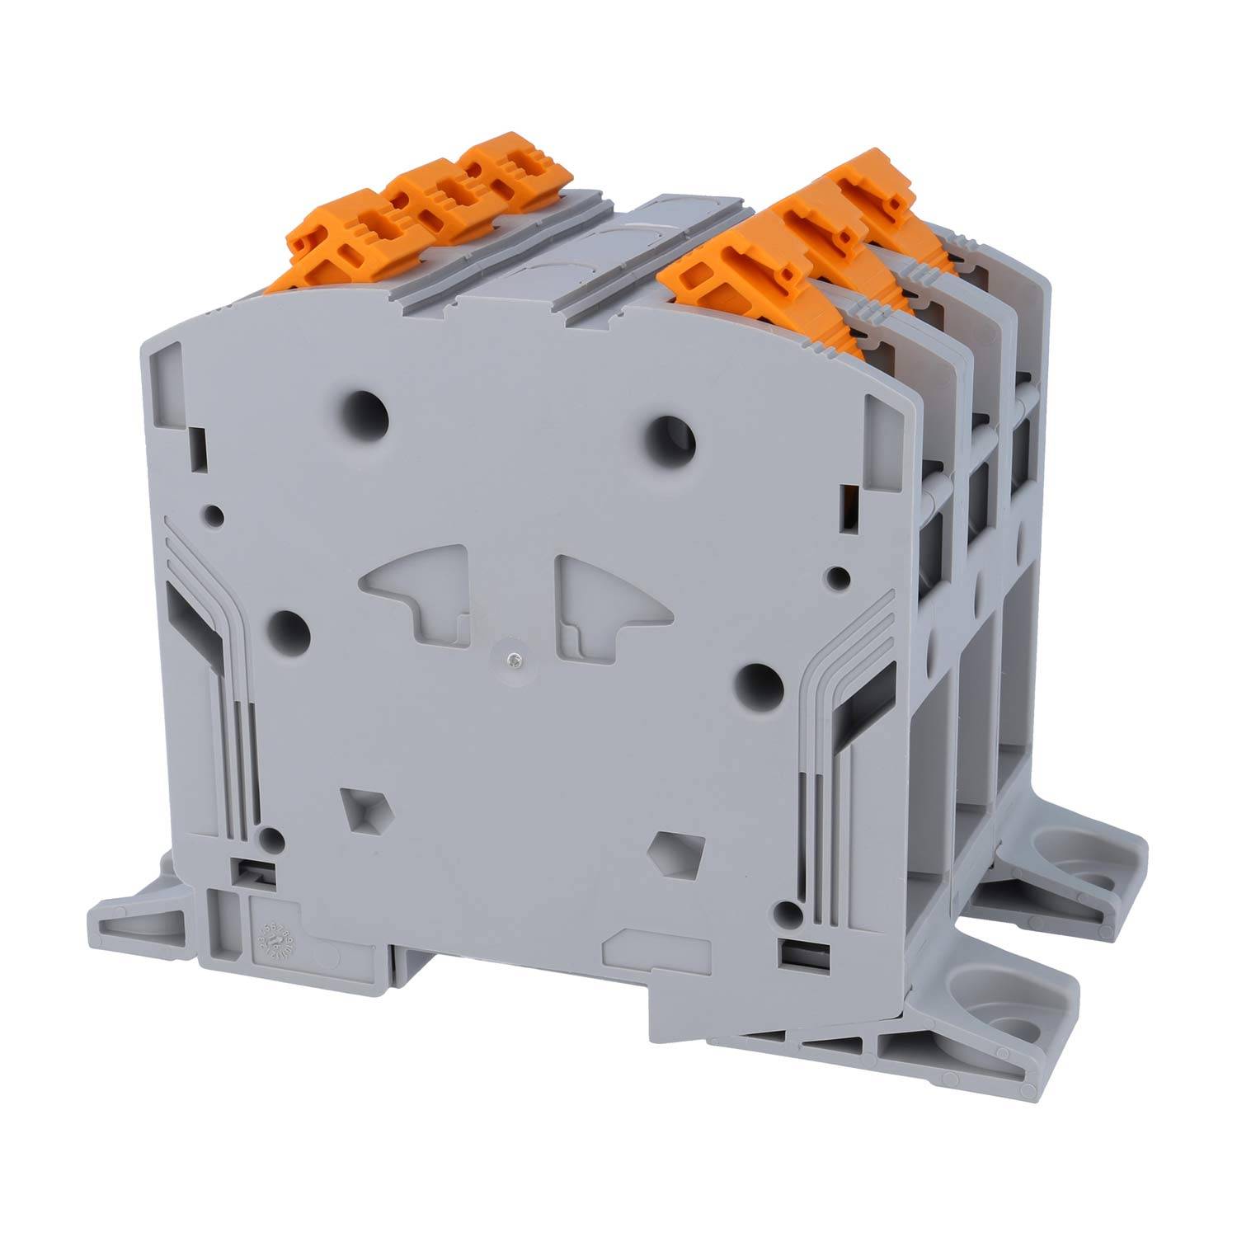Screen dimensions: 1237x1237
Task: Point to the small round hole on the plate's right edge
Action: pyautogui.click(x=839, y=575)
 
